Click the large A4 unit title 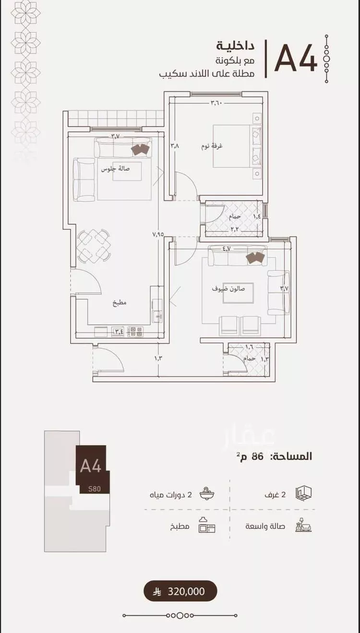(x=296, y=58)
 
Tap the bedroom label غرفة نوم (x=212, y=146)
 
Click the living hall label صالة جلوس (x=116, y=169)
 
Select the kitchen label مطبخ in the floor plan (x=120, y=303)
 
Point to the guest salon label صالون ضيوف (x=228, y=289)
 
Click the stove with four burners (x=135, y=331)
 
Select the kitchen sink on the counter (x=157, y=316)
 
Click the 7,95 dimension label (x=158, y=234)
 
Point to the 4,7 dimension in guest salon (x=227, y=249)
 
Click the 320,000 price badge (x=180, y=591)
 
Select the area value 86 (x=258, y=456)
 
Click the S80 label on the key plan (x=94, y=488)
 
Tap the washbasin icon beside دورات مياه (x=207, y=494)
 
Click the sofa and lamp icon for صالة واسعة (x=303, y=525)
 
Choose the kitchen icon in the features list (x=207, y=525)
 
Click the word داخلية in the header (x=235, y=46)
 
